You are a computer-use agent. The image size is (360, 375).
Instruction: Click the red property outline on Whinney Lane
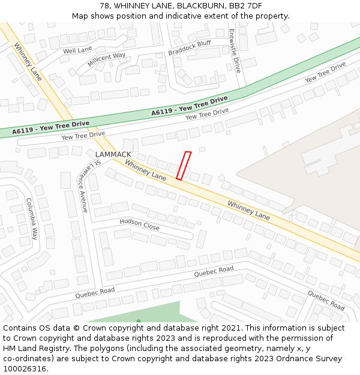pyautogui.click(x=184, y=166)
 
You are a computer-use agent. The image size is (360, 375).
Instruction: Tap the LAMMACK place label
pyautogui.click(x=113, y=154)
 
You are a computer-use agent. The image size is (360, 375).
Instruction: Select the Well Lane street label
pyautogui.click(x=77, y=50)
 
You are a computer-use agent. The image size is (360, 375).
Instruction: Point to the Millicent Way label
pyautogui.click(x=106, y=59)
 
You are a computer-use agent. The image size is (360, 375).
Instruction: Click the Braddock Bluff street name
pyautogui.click(x=190, y=47)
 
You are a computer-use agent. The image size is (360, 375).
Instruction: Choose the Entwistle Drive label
pyautogui.click(x=236, y=51)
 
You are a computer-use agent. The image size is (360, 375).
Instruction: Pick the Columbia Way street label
pyautogui.click(x=31, y=219)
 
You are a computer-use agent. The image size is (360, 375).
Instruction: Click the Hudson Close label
pyautogui.click(x=139, y=224)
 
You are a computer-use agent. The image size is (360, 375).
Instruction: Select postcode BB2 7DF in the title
pyautogui.click(x=246, y=5)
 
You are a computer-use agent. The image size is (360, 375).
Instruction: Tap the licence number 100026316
pyautogui.click(x=25, y=369)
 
